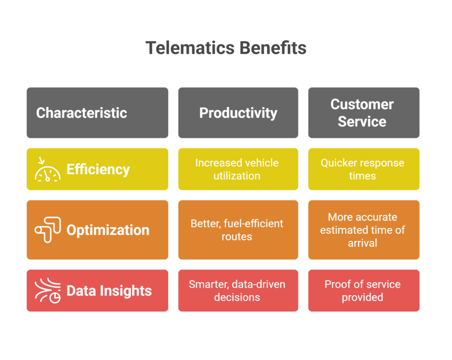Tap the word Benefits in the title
click(x=273, y=48)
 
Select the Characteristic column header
click(x=98, y=113)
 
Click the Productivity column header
click(x=238, y=113)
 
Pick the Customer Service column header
click(x=364, y=113)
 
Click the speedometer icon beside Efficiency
click(x=48, y=170)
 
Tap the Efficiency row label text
click(x=98, y=169)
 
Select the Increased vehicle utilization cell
click(x=238, y=169)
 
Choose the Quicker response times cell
click(x=364, y=169)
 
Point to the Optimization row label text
click(x=108, y=230)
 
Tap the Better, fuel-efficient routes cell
click(x=238, y=230)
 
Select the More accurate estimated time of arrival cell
click(x=364, y=230)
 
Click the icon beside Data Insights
click(x=48, y=291)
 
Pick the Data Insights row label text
click(x=109, y=291)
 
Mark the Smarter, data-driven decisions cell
click(x=238, y=291)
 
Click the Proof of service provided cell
click(x=364, y=291)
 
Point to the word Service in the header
click(x=362, y=121)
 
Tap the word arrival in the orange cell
click(x=362, y=243)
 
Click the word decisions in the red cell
click(x=237, y=297)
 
